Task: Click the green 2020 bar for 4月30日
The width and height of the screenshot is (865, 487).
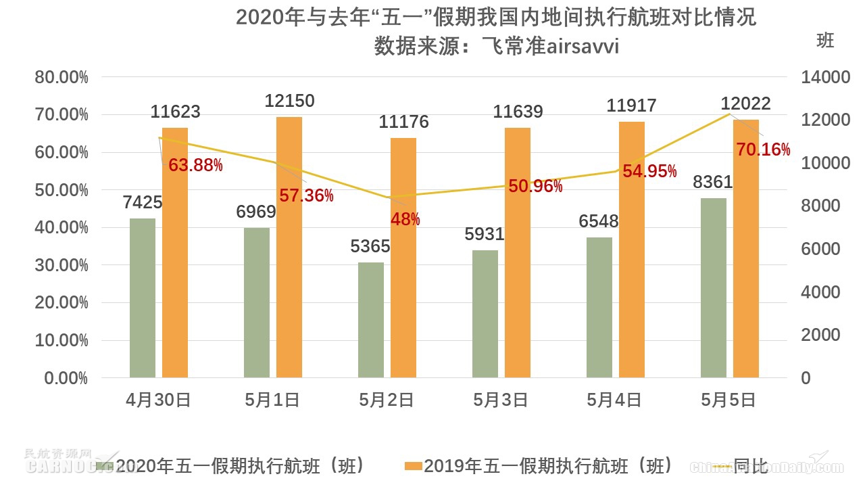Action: tap(143, 298)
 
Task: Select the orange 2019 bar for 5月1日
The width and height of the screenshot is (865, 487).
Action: tap(289, 247)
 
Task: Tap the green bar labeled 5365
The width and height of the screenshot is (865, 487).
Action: tap(371, 319)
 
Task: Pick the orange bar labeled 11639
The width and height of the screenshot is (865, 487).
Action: tap(518, 252)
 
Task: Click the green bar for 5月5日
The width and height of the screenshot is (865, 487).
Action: tap(714, 287)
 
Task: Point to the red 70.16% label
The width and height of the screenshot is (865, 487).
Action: tap(763, 149)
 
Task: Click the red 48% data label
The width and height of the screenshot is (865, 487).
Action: tap(405, 219)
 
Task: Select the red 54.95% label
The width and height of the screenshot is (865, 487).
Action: tap(649, 171)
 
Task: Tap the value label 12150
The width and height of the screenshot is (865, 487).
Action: tap(289, 101)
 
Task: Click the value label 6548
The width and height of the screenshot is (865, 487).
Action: tap(598, 221)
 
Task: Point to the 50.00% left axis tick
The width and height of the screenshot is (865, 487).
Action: tap(61, 190)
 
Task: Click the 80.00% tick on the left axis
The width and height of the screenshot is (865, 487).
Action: tap(61, 77)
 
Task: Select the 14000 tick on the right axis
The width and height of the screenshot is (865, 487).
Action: tap(825, 77)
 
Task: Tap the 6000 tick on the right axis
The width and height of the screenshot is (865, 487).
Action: tap(820, 249)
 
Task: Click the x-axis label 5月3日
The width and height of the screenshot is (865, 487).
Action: tap(501, 400)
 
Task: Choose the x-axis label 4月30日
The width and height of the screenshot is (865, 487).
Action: tap(158, 400)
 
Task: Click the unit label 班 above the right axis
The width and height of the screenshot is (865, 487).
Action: tap(825, 41)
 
